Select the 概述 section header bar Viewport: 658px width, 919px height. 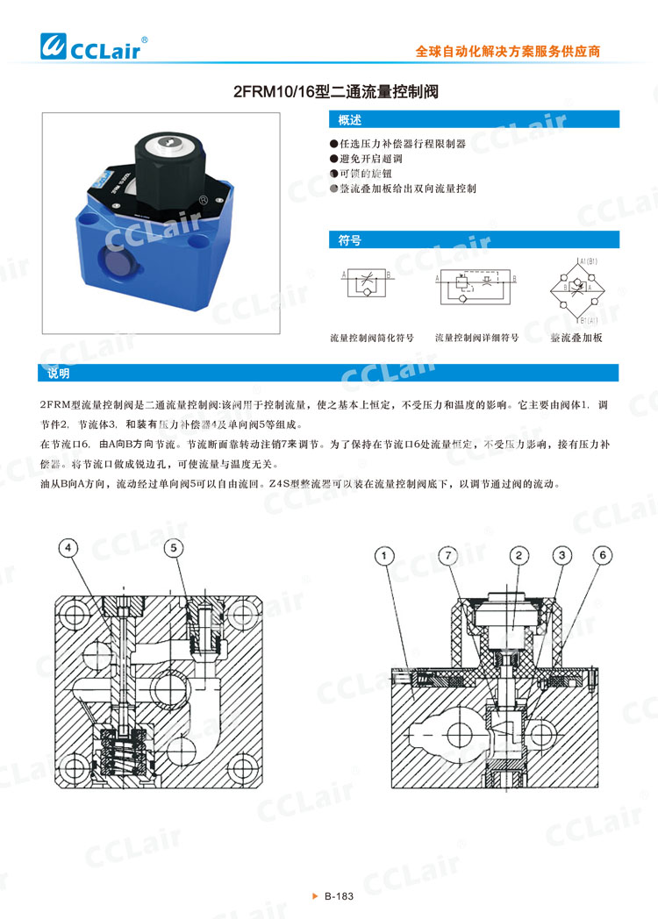474,120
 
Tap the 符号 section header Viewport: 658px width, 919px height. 474,239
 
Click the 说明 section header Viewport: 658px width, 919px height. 328,373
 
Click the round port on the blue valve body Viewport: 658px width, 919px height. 118,260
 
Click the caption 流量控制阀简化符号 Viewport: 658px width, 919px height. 370,337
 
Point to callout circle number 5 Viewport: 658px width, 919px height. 174,548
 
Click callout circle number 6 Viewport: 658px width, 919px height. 602,554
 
